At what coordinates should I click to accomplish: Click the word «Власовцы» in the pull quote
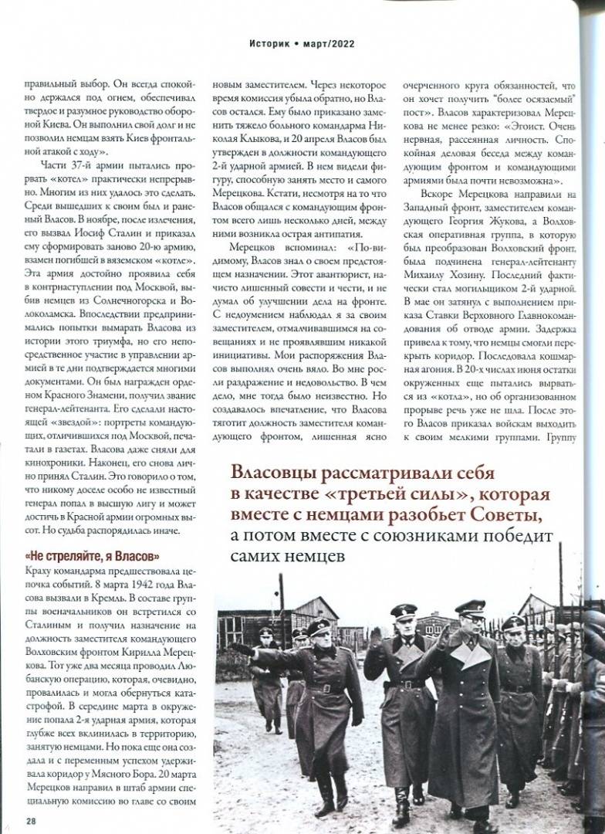click(274, 471)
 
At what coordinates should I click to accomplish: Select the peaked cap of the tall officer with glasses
click(469, 606)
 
